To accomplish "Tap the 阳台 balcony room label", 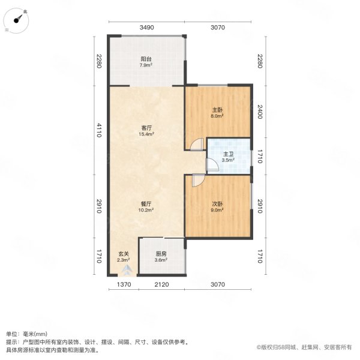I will tap(146, 59).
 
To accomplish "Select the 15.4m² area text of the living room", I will tap(146, 134).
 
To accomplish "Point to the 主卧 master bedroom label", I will tap(217, 110).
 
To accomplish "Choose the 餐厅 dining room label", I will tap(146, 203).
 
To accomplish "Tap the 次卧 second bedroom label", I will tap(217, 203).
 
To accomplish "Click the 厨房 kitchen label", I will tap(161, 253).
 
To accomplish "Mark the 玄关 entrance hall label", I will tap(122, 253).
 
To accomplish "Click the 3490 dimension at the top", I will tap(147, 27).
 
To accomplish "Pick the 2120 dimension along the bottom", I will tap(161, 284).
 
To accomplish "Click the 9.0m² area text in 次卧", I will tap(217, 211).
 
